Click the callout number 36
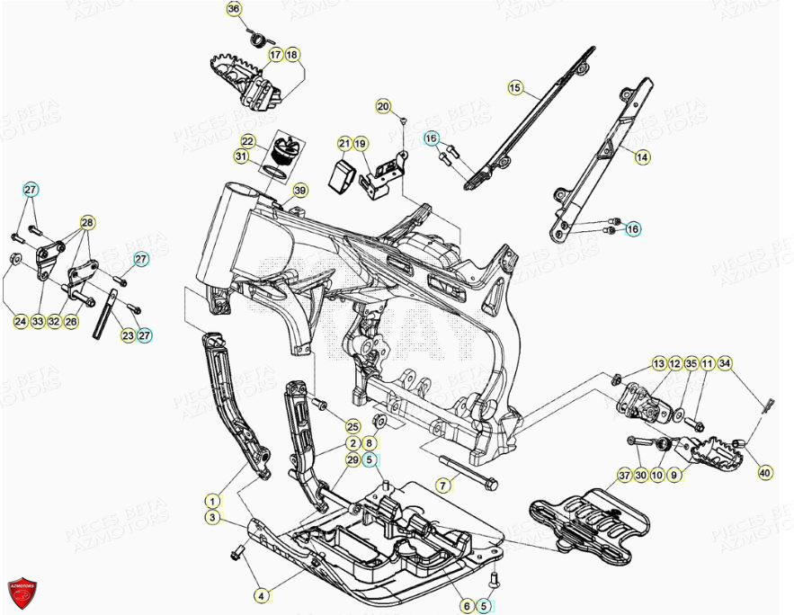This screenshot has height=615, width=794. [234, 10]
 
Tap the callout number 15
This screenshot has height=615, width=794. [514, 87]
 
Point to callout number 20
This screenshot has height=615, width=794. [383, 107]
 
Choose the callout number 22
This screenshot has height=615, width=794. [247, 141]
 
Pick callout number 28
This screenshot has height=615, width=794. [87, 222]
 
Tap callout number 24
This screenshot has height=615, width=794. [20, 320]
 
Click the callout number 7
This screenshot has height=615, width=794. [442, 486]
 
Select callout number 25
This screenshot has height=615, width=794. [352, 426]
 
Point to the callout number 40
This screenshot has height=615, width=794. [764, 473]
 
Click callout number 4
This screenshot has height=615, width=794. [261, 594]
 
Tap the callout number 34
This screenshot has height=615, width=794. [726, 363]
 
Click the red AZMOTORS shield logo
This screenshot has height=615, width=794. [22, 593]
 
